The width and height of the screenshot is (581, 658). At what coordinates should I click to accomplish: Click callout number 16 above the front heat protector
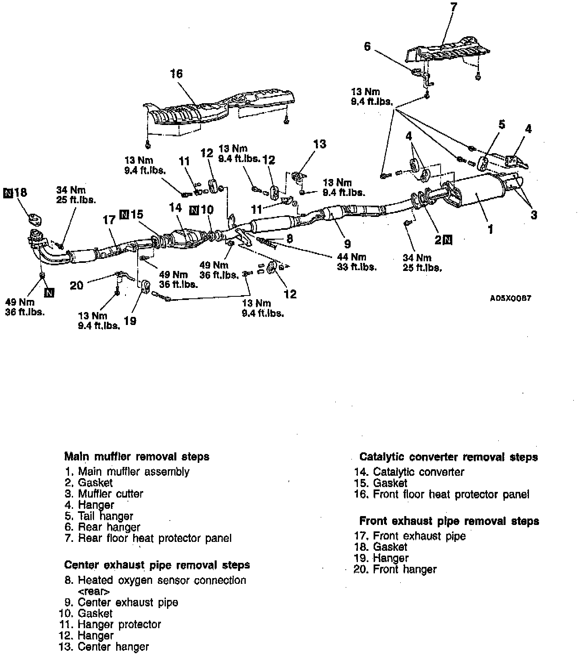(x=176, y=74)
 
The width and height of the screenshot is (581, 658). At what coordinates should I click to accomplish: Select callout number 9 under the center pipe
(x=347, y=244)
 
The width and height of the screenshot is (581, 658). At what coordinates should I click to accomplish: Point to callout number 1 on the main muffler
(x=490, y=229)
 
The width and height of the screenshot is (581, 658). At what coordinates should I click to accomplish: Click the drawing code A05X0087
(x=510, y=298)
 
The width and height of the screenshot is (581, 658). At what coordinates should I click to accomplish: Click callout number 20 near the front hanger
(x=76, y=285)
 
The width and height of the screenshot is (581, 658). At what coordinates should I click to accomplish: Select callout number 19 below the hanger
(x=130, y=321)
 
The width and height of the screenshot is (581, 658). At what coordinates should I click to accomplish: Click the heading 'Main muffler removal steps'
(x=137, y=457)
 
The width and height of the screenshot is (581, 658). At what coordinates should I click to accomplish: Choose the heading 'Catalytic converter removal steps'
(x=448, y=457)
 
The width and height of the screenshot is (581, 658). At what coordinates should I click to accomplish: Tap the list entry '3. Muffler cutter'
(x=104, y=494)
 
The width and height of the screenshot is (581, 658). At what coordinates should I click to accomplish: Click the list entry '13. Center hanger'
(x=103, y=647)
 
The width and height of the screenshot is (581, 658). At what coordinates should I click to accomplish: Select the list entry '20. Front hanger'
(x=395, y=569)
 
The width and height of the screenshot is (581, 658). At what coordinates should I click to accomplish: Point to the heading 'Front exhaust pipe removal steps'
(x=449, y=521)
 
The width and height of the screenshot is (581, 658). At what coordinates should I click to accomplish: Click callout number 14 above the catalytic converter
(x=176, y=208)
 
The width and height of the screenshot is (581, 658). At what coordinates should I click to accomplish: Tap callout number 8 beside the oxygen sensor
(x=289, y=238)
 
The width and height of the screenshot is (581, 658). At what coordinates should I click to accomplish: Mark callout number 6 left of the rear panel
(x=367, y=46)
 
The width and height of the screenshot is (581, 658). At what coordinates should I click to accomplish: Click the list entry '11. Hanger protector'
(x=109, y=625)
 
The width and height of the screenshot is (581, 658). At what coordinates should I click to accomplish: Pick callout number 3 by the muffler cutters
(x=534, y=214)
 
